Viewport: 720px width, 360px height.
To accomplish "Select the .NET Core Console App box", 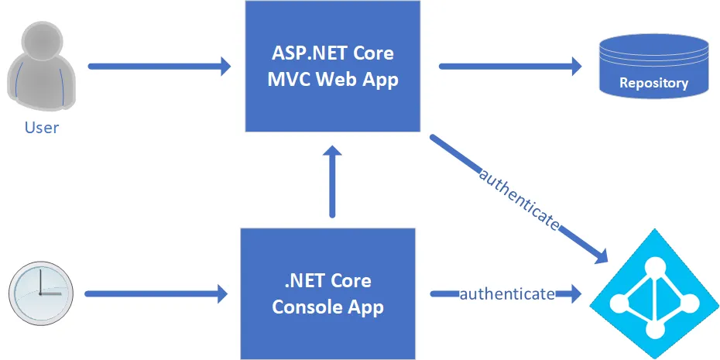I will (x=327, y=293).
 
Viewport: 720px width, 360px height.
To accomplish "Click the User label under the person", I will (x=42, y=127).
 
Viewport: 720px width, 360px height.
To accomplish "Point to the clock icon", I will (x=40, y=293).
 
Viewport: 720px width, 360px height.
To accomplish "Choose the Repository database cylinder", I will (x=653, y=67).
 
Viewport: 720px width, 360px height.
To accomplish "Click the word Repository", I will (x=653, y=84).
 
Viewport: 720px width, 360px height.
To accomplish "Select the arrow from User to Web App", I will (x=159, y=67).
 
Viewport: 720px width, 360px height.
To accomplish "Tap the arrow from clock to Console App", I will (x=155, y=293).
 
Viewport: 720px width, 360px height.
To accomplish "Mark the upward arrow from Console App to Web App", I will (x=333, y=182).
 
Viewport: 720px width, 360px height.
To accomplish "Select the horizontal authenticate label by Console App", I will (x=507, y=294).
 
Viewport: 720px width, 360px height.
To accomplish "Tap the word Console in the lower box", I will (x=305, y=307).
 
